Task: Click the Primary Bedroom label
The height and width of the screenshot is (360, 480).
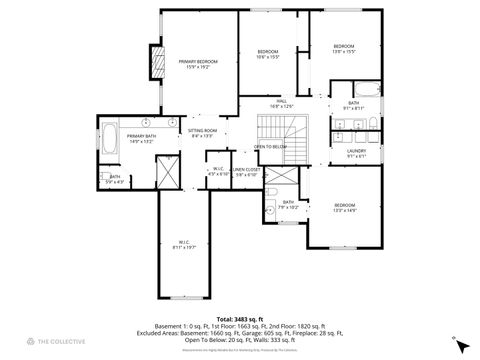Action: point(198,65)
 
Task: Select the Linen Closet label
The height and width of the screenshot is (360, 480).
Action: point(247,172)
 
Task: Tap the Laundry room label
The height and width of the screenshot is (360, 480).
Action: point(356,153)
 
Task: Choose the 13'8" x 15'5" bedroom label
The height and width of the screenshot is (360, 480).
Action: point(344,49)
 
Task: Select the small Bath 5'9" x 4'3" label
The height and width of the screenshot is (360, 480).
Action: point(115,180)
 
